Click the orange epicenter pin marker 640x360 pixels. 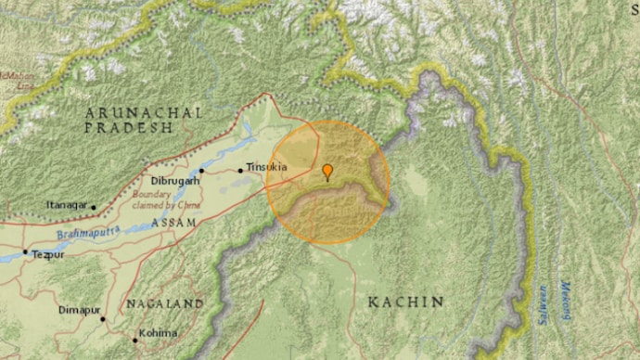click(x=326, y=171)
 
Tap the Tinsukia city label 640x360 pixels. click(x=267, y=168)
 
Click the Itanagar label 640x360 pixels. click(x=67, y=206)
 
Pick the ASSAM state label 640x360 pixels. click(x=174, y=224)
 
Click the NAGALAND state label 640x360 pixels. click(x=166, y=304)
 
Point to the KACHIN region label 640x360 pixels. click(x=405, y=302)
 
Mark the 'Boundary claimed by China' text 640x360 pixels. click(x=172, y=199)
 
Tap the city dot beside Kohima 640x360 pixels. click(x=135, y=341)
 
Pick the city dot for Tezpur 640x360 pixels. click(x=25, y=252)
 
